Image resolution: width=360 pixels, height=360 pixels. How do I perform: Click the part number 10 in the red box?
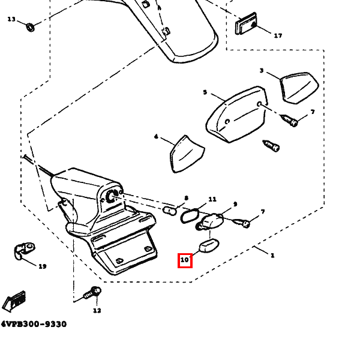point(185,260)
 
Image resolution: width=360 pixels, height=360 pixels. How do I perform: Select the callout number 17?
point(278,35)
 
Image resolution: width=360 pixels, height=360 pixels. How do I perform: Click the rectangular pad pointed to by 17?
point(246,24)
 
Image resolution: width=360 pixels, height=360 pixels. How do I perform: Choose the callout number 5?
point(205,92)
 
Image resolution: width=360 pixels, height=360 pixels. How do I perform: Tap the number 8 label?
point(187,198)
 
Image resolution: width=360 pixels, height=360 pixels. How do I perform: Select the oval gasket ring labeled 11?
point(189,215)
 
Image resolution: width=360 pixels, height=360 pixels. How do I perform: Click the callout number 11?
point(212,199)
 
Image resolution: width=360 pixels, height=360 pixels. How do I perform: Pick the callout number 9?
point(235,204)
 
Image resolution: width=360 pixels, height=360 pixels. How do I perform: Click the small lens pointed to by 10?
point(208,247)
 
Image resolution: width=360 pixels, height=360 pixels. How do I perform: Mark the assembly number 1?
point(272,256)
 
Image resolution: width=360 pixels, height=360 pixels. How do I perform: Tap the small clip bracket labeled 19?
point(24,250)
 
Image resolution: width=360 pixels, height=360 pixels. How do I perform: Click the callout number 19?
point(42,266)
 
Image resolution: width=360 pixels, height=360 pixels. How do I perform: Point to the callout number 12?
point(97,310)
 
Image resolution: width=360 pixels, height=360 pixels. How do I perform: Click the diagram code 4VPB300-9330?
point(34,324)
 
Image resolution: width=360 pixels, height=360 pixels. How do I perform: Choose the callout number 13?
point(11,19)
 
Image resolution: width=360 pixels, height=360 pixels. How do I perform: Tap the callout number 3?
point(262,71)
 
